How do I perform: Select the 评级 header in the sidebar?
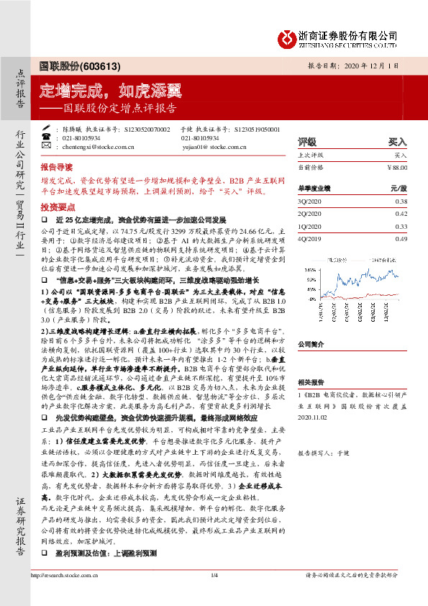(307, 142)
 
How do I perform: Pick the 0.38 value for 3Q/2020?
(401, 202)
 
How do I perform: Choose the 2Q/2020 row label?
(310, 214)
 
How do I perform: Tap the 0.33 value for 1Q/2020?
(401, 226)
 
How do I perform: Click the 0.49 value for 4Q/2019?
(401, 238)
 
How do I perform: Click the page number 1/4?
(214, 595)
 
